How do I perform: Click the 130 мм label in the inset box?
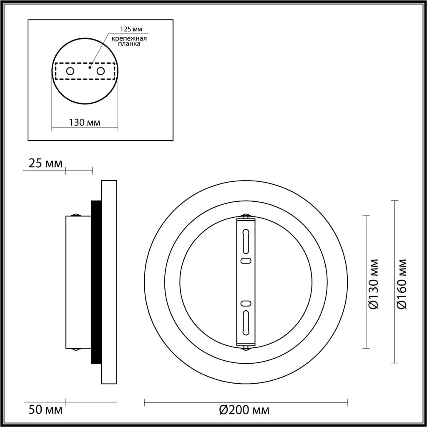[85, 122]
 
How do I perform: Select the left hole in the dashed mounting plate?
[70, 71]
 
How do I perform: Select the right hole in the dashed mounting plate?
[100, 71]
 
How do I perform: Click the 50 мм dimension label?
[45, 409]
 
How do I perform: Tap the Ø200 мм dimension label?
[244, 409]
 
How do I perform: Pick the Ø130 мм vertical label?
[374, 284]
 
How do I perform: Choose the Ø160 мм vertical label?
[402, 284]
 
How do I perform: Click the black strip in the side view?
[96, 282]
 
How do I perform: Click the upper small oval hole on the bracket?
[246, 261]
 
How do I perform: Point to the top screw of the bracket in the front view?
[246, 216]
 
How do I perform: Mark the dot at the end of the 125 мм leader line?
[90, 65]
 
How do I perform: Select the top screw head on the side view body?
[76, 215]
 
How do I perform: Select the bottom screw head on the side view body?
[76, 349]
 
